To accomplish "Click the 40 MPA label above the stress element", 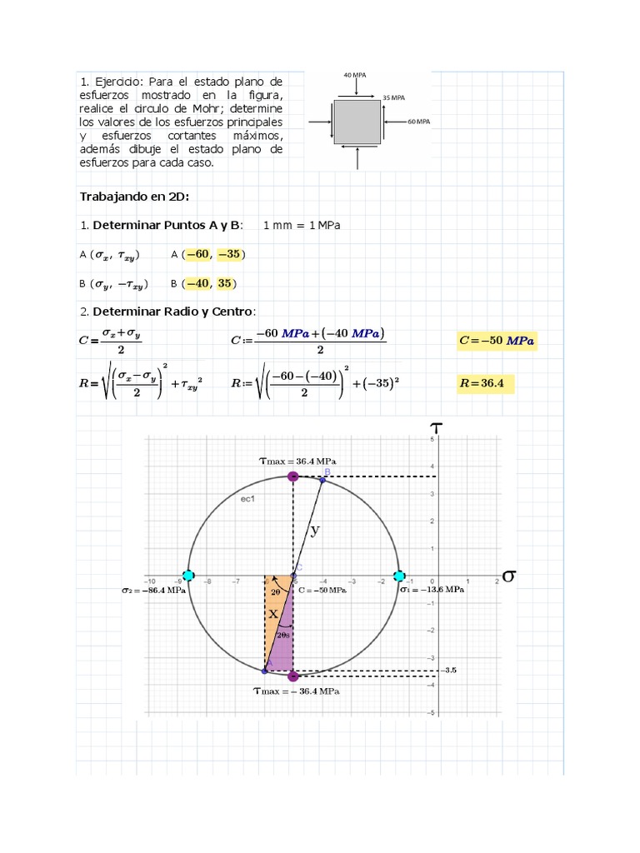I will point(355,75).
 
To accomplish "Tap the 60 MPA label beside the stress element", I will point(418,122).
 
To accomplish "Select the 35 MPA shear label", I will point(393,97).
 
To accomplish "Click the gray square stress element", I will point(357,122).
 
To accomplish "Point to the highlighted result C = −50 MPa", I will point(497,341).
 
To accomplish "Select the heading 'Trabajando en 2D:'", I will point(134,197).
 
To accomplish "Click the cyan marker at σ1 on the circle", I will point(399,576).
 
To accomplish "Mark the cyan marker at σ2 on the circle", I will point(188,576).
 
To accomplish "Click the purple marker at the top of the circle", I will point(292,476).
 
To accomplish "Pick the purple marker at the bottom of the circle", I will point(292,676).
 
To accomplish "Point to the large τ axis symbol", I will point(435,427).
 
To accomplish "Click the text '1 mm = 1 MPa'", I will point(302,226).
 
